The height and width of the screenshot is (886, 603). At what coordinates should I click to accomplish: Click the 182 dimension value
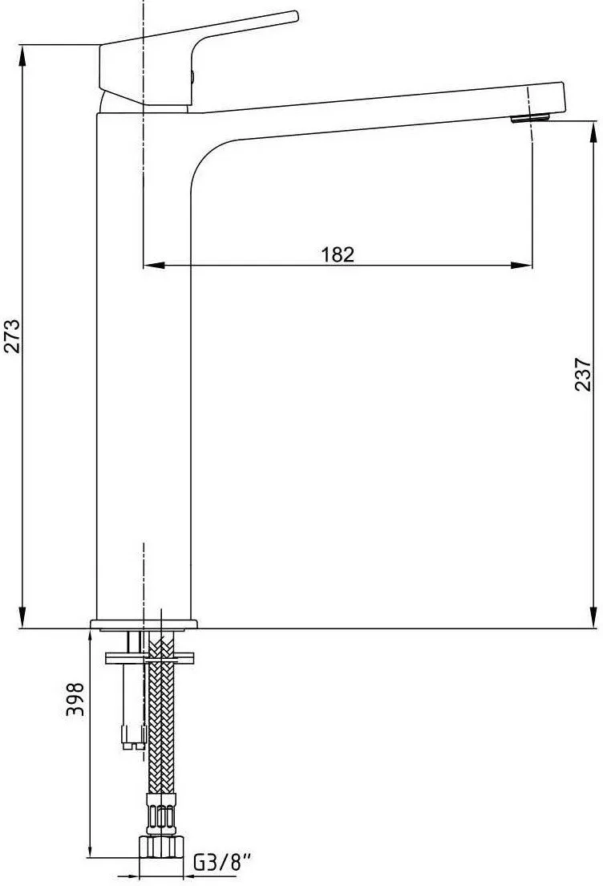[338, 254]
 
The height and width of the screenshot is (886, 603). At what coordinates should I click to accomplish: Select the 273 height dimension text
[12, 337]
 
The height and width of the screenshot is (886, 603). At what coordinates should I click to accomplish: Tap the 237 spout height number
[583, 374]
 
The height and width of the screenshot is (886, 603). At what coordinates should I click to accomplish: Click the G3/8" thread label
[222, 864]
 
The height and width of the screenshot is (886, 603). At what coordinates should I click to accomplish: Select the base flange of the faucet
[144, 624]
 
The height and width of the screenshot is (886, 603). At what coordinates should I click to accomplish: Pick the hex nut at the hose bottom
[160, 847]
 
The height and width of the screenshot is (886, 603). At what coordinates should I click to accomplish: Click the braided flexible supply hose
[162, 722]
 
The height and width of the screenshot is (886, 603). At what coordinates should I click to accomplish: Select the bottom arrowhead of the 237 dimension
[594, 620]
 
